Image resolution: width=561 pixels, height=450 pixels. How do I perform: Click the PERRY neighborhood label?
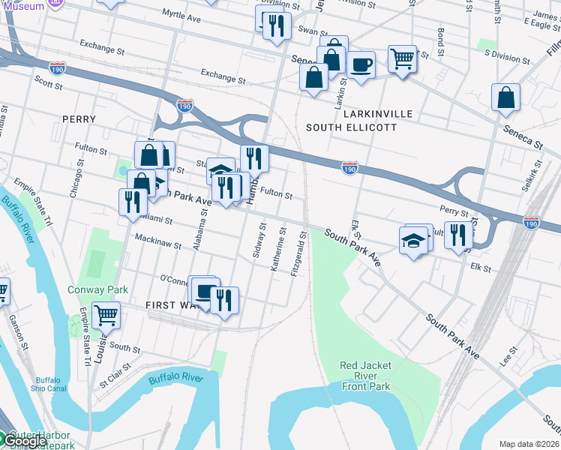click(x=79, y=119)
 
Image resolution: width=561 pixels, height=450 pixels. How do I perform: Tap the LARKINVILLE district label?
click(x=378, y=114)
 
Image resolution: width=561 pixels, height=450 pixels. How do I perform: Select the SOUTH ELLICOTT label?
click(x=351, y=127)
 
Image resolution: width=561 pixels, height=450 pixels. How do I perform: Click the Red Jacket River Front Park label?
click(x=365, y=376)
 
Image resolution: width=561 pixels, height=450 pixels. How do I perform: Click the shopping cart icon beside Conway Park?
click(x=106, y=316)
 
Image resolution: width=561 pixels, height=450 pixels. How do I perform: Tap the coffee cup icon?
click(x=361, y=64)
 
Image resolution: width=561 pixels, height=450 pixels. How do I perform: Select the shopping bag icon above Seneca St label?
click(x=506, y=97)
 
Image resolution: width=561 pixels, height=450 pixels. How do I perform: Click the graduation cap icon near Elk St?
click(x=413, y=240)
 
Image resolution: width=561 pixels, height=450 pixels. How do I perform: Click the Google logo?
click(x=24, y=440)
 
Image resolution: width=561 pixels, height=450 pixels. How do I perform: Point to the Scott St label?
click(x=48, y=85)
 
